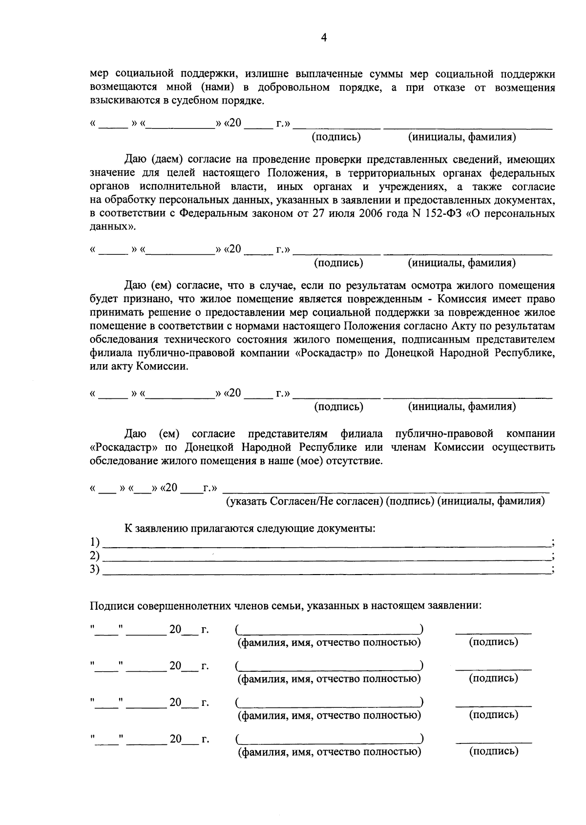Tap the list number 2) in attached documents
pos(95,556)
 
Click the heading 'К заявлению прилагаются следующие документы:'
pos(250,528)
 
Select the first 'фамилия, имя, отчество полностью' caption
pos(329,642)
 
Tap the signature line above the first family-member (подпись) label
pos(493,633)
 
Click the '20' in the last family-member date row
pos(175,739)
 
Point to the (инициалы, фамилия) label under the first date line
pos(461,137)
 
